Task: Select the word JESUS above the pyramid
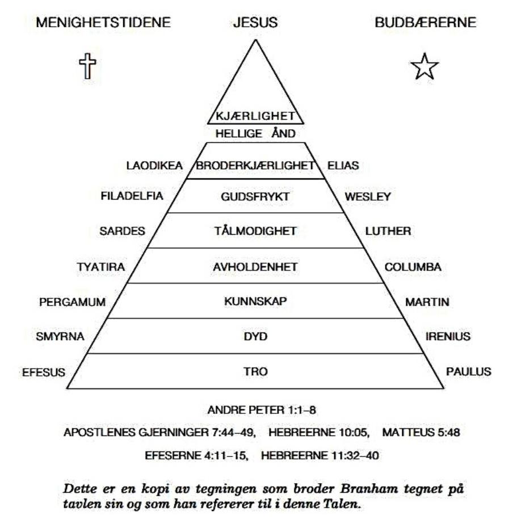click(255, 23)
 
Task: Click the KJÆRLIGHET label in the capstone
click(255, 116)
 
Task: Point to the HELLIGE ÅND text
click(255, 133)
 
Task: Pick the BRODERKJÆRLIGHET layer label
click(255, 166)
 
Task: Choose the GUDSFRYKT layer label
click(255, 197)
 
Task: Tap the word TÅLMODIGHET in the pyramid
click(255, 230)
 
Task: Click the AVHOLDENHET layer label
click(255, 267)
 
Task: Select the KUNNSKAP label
click(255, 301)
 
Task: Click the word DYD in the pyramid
click(255, 336)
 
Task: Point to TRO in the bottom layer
click(255, 371)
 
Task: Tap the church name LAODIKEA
click(154, 166)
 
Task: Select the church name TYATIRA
click(101, 267)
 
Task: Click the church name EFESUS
click(44, 372)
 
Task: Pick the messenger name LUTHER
click(388, 231)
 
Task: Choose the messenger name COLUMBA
click(413, 267)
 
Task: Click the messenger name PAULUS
click(468, 371)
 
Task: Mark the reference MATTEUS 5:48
click(421, 432)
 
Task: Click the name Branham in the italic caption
click(369, 489)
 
